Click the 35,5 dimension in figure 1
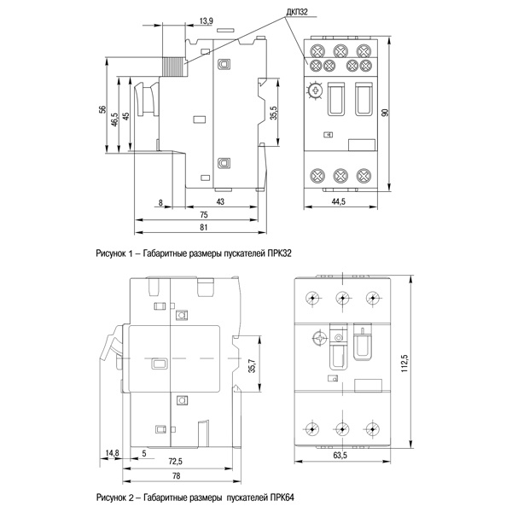pyautogui.click(x=274, y=113)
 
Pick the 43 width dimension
pyautogui.click(x=220, y=202)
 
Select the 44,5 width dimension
pyautogui.click(x=340, y=202)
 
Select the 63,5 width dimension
pyautogui.click(x=340, y=456)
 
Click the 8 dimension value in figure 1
pyautogui.click(x=160, y=202)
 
